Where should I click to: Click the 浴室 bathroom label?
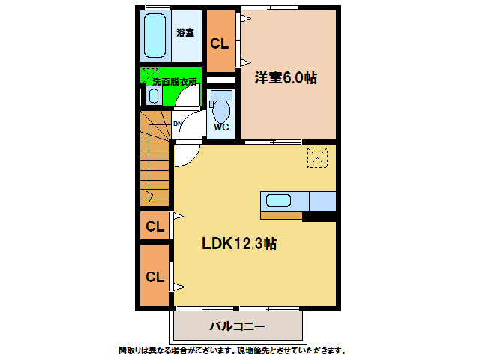pyautogui.click(x=185, y=33)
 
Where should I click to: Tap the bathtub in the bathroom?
pyautogui.click(x=154, y=36)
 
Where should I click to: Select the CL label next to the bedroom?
pyautogui.click(x=220, y=43)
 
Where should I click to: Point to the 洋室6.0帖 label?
pyautogui.click(x=285, y=77)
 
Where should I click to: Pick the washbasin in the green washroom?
pyautogui.click(x=154, y=95)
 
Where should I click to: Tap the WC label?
pyautogui.click(x=221, y=127)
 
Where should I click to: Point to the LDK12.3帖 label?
pyautogui.click(x=239, y=244)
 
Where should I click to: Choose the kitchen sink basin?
pyautogui.click(x=279, y=201)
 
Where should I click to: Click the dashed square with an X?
pyautogui.click(x=317, y=157)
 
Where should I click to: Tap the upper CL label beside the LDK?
pyautogui.click(x=154, y=226)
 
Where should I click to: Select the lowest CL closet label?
pyautogui.click(x=154, y=276)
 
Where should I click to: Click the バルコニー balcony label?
pyautogui.click(x=237, y=327)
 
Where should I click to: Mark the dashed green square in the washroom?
pyautogui.click(x=148, y=75)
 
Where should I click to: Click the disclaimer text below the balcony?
pyautogui.click(x=232, y=350)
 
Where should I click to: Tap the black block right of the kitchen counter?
pyautogui.click(x=319, y=217)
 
